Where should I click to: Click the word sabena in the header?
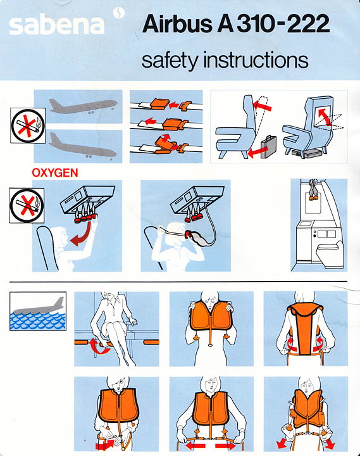coord(57,25)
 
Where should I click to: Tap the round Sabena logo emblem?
coord(119,13)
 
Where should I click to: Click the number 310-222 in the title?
coord(283,23)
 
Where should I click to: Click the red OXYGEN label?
coord(55,173)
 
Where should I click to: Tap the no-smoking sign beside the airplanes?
coord(28,125)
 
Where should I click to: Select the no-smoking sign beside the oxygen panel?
coord(27,206)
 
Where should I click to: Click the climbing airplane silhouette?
coord(83,106)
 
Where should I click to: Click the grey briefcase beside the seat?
coord(268,147)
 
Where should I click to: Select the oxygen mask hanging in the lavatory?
coord(313,189)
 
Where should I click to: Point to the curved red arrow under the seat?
coord(99,346)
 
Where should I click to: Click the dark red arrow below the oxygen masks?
coord(82,235)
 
